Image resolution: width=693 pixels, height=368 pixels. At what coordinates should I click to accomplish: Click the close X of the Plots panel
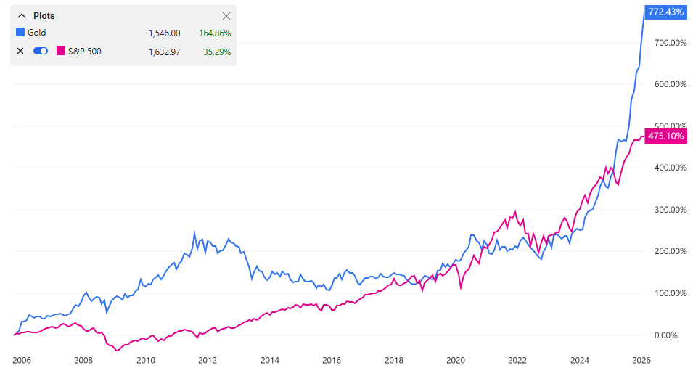point(226,16)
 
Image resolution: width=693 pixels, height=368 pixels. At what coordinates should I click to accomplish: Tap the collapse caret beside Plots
point(20,16)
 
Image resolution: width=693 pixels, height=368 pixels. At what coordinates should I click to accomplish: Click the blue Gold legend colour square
point(20,33)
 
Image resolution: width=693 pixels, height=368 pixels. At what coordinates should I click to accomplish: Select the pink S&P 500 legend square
point(60,51)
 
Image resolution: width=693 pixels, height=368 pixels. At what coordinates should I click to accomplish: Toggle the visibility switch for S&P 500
point(41,51)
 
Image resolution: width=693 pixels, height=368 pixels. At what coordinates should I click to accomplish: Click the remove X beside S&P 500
point(20,51)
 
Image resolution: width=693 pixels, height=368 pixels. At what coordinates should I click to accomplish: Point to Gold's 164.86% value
point(215,33)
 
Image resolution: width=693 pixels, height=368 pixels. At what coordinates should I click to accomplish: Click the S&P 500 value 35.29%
point(217,51)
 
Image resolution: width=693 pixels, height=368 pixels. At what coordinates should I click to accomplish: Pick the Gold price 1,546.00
point(164,33)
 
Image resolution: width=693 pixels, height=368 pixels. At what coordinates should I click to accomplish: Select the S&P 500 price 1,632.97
point(164,51)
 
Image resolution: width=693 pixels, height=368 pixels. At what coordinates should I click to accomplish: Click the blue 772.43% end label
point(666,12)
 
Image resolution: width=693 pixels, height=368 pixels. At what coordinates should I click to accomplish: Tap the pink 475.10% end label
point(666,136)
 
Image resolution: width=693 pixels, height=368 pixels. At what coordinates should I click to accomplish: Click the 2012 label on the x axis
point(208,360)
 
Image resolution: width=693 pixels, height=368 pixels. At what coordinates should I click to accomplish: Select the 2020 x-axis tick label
point(455,360)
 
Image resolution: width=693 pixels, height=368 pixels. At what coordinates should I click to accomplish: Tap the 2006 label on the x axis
point(21,360)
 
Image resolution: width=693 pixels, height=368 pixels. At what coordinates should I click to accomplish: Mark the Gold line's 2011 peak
point(194,233)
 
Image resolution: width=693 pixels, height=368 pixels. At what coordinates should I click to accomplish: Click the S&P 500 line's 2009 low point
point(117,351)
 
